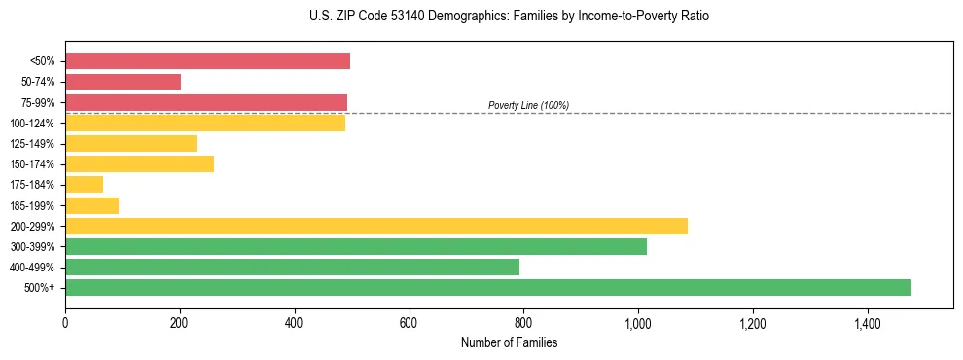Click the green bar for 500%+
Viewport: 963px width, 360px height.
(x=487, y=287)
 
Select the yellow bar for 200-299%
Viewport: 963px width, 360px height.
(x=375, y=226)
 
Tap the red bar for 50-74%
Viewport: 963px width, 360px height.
(x=123, y=82)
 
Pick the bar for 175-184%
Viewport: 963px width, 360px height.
(x=84, y=185)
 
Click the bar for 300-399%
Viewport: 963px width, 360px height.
(x=355, y=246)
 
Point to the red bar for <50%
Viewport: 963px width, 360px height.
(x=207, y=61)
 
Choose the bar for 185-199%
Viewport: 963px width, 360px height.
(x=91, y=205)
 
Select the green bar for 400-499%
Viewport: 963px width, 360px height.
(x=292, y=267)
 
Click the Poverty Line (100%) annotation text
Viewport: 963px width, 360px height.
(x=528, y=105)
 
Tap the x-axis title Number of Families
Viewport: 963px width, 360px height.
(x=509, y=342)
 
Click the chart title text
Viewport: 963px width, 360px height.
(x=509, y=17)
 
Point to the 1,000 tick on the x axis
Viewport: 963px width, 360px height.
(x=638, y=323)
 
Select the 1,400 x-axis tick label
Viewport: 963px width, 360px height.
(x=868, y=323)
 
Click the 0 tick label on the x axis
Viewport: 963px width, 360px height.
(x=65, y=323)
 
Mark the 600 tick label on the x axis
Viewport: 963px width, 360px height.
(x=409, y=323)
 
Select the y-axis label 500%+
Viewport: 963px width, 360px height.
(x=40, y=288)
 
